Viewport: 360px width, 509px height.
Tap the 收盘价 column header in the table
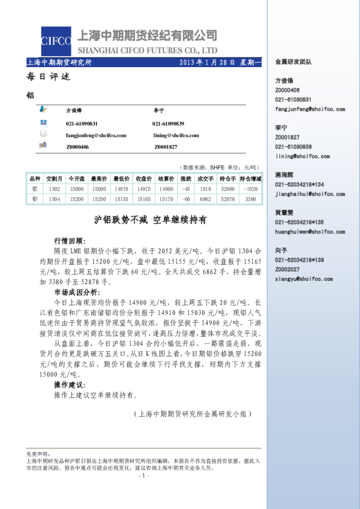tap(144, 179)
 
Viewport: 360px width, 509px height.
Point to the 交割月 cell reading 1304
tap(54, 198)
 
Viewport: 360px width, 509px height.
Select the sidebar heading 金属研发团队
tap(293, 62)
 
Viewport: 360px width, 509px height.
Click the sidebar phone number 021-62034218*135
tap(299, 222)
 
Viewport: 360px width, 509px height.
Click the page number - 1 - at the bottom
tap(143, 476)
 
